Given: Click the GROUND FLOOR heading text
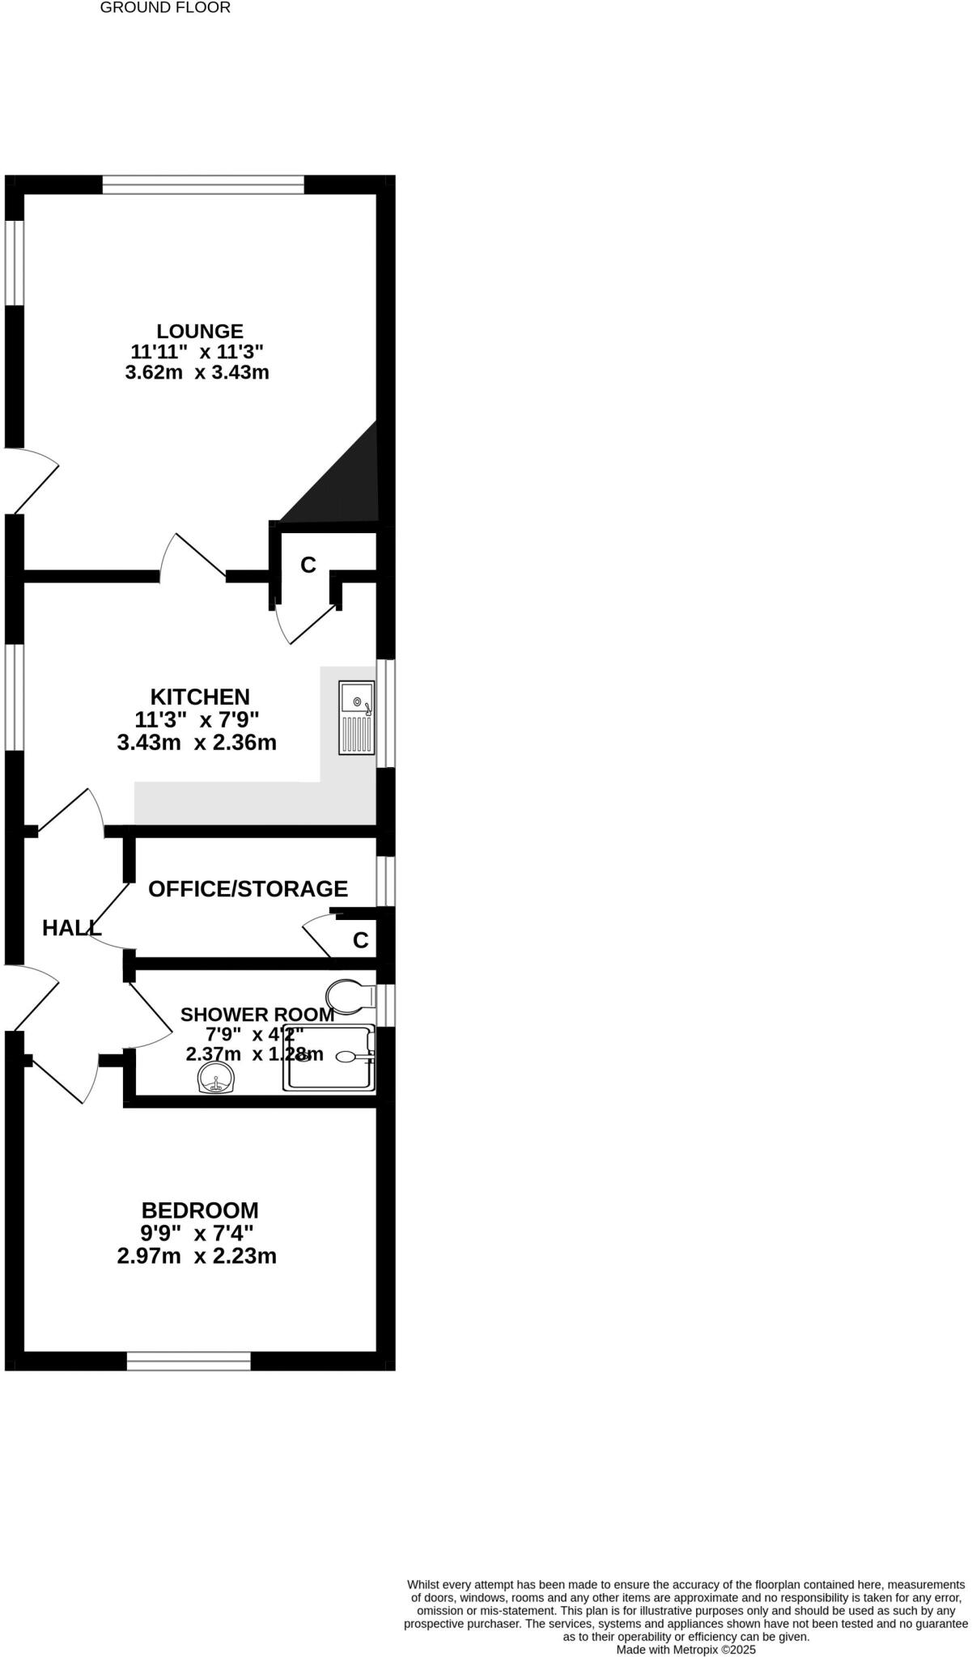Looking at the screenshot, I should point(165,8).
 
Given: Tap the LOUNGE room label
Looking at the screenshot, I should point(200,331).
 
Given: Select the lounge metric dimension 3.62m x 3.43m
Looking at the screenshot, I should point(197,373).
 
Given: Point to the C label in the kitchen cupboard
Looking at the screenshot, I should point(308,565).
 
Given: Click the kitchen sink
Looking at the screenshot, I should point(357,718).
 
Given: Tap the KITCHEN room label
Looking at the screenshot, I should point(200,697).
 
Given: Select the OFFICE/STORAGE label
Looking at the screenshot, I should point(248,888).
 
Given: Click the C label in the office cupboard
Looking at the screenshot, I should point(361,940).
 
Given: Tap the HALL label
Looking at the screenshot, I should point(71,928).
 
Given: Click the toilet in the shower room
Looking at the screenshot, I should point(350,998).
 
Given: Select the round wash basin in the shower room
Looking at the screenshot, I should point(215,1079).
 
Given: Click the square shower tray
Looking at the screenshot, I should point(329,1057).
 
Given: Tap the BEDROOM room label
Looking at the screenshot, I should point(200,1210).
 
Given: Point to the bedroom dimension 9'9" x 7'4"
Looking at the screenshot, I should point(197,1233).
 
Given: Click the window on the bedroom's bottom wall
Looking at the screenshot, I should point(189,1361).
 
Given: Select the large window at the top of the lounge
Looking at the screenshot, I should point(203,185).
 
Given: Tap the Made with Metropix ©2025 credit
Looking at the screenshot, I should point(685,1649).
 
